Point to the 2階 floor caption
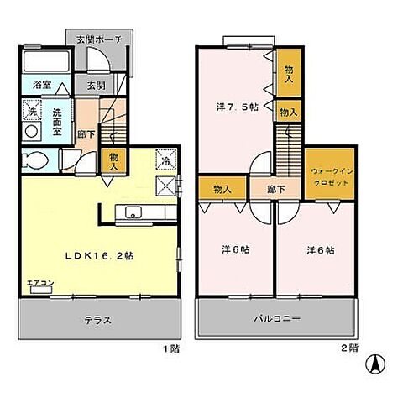(350, 346)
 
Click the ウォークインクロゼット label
(326, 175)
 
